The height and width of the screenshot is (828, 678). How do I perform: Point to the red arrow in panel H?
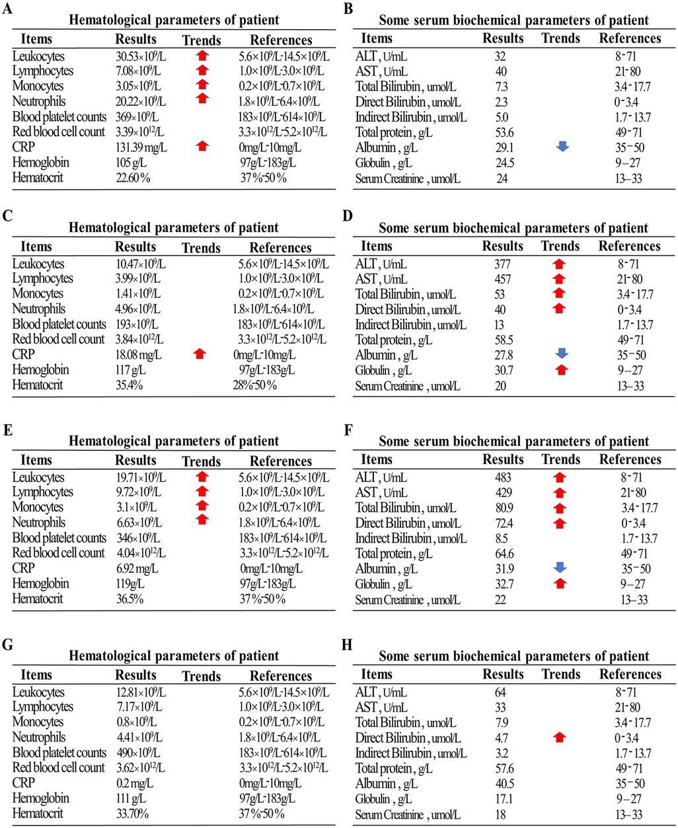(560, 738)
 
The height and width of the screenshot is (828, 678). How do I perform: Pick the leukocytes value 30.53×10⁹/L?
(141, 56)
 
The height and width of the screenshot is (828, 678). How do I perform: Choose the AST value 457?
(504, 280)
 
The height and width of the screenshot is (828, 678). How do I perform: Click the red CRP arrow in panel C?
(200, 355)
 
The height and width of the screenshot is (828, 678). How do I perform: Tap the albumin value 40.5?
(504, 784)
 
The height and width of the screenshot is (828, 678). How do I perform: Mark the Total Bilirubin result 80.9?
(504, 508)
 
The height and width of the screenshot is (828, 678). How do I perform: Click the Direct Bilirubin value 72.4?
(504, 523)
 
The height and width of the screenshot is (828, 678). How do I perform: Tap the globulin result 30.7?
(504, 371)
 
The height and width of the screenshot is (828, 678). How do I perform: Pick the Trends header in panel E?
(201, 461)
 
